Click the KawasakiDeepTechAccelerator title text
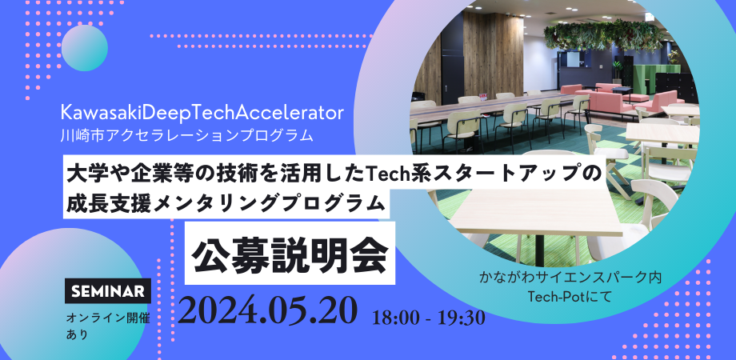pos(202,114)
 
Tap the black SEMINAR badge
pos(108,291)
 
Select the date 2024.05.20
pos(267,310)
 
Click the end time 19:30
pos(462,318)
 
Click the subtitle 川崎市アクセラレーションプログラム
pos(186,136)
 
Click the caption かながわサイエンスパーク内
pos(570,278)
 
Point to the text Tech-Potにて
pos(570,297)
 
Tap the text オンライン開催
pos(108,318)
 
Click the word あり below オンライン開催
pos(77,335)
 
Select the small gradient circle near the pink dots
pos(85,48)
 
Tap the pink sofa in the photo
pos(615,98)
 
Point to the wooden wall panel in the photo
pos(492,54)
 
